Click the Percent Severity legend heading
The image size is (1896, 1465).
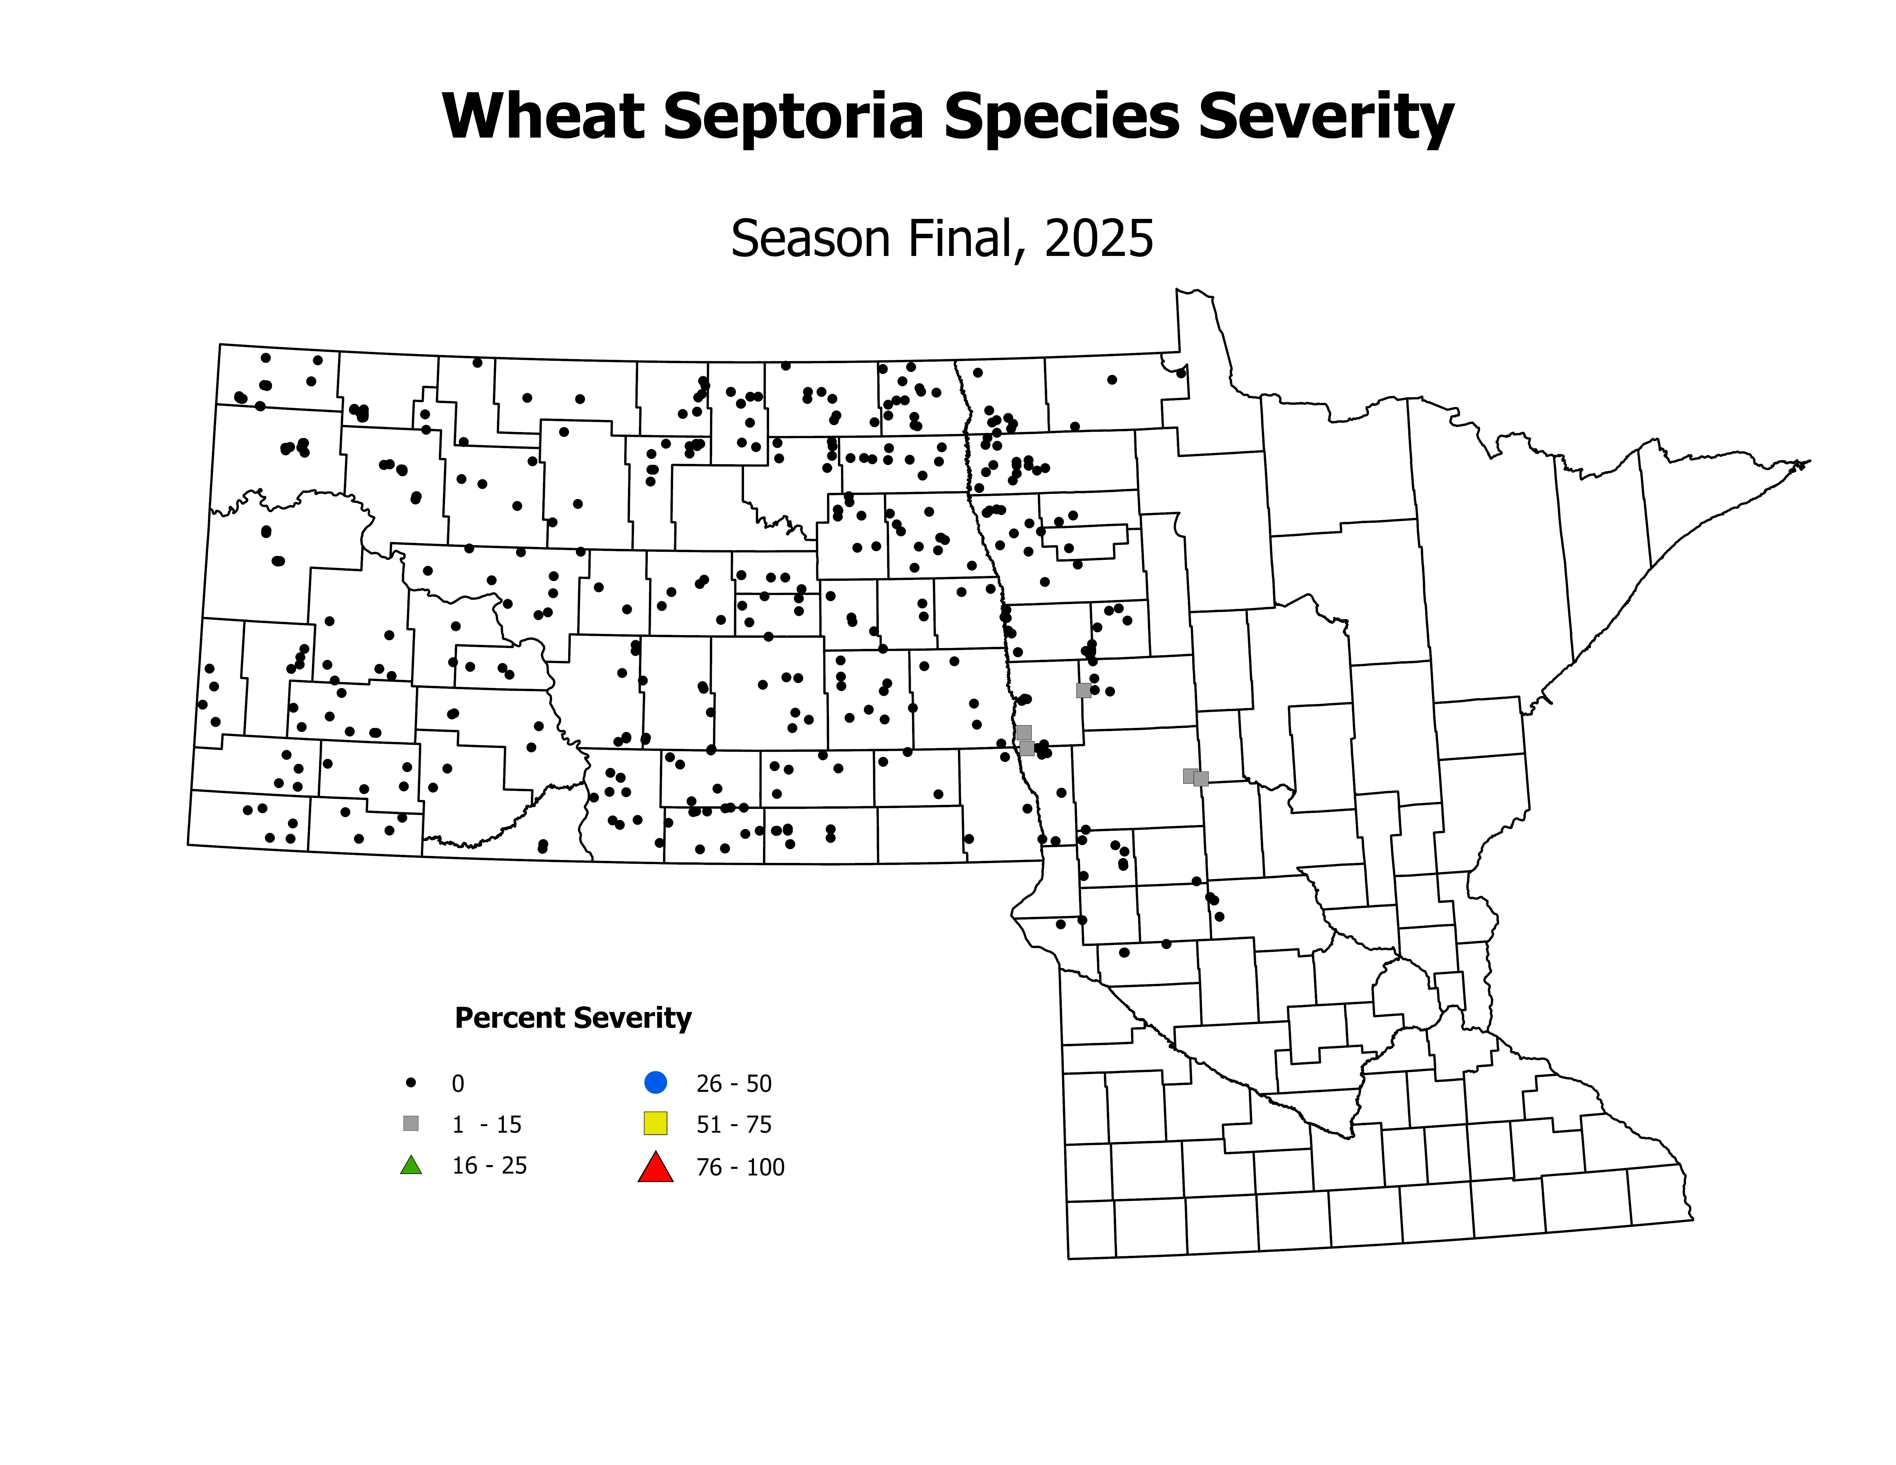[x=573, y=1018]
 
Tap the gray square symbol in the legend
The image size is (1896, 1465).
[x=411, y=1124]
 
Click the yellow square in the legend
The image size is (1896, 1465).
[x=656, y=1123]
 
